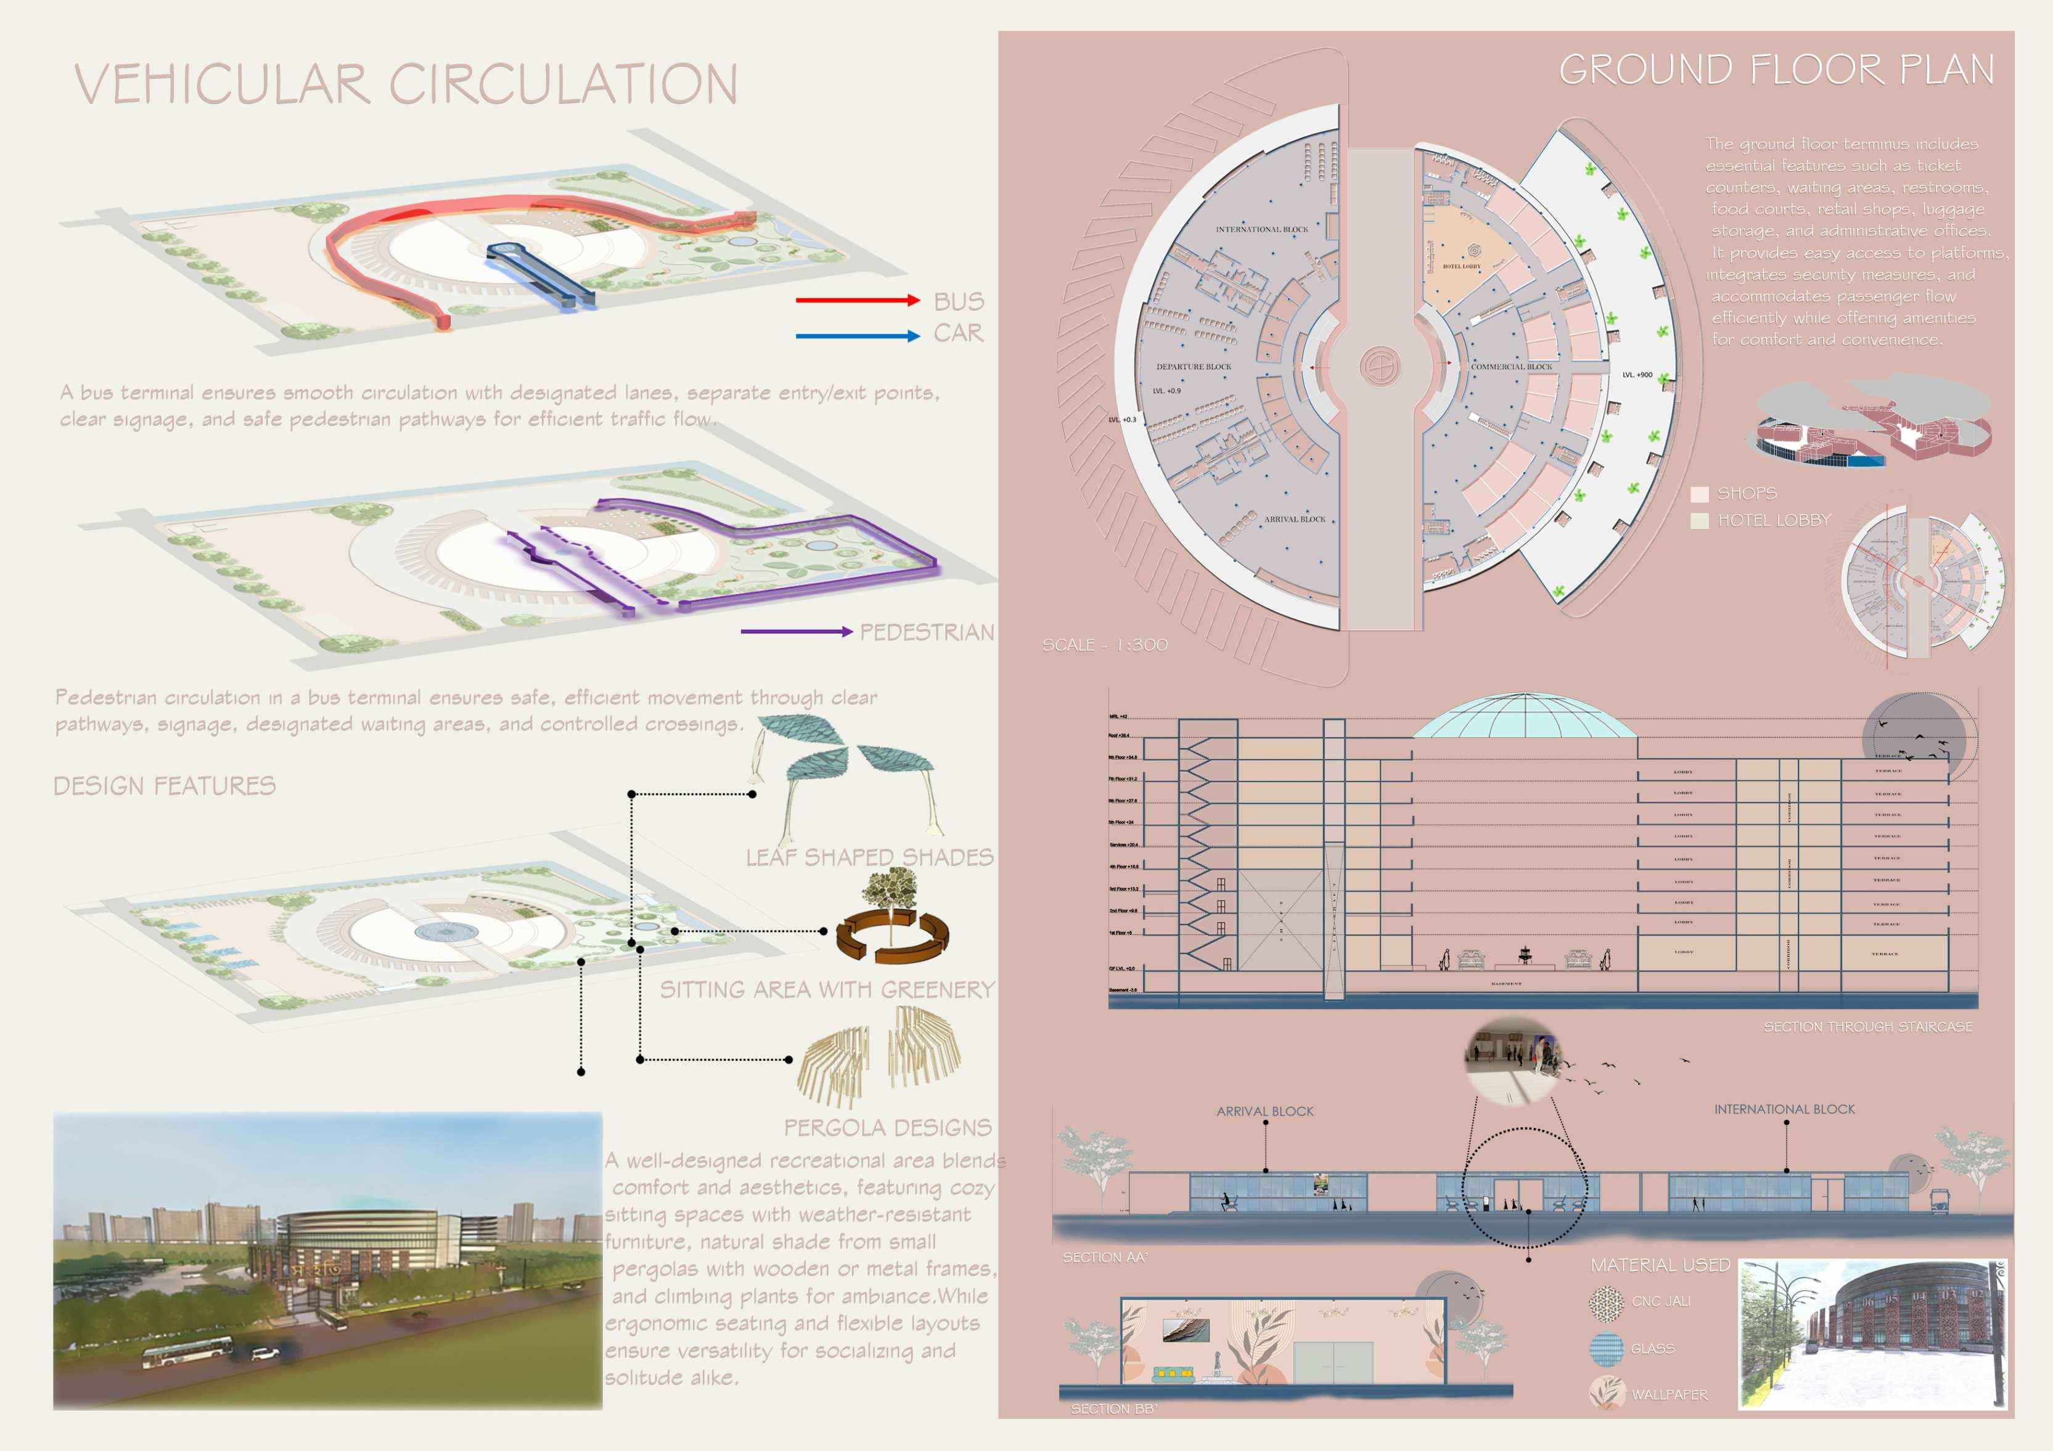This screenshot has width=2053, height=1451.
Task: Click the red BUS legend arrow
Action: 856,300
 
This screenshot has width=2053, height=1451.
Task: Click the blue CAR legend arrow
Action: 856,336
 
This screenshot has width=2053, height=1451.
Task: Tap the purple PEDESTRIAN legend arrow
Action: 796,632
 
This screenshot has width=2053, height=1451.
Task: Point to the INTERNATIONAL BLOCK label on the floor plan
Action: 1261,230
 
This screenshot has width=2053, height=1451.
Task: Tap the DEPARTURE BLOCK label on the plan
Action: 1193,367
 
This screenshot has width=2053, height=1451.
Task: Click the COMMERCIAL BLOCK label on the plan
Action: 1511,367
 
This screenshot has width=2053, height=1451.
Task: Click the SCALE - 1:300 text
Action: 1104,645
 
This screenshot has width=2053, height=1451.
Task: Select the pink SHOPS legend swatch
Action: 1699,494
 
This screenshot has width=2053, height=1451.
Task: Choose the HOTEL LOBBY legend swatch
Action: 1699,520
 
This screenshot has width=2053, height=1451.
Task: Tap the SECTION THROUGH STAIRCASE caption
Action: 1867,1026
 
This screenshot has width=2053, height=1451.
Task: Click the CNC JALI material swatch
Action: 1606,1302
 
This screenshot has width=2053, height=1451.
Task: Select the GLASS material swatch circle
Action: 1606,1348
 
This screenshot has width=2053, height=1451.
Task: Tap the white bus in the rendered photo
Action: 188,1352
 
